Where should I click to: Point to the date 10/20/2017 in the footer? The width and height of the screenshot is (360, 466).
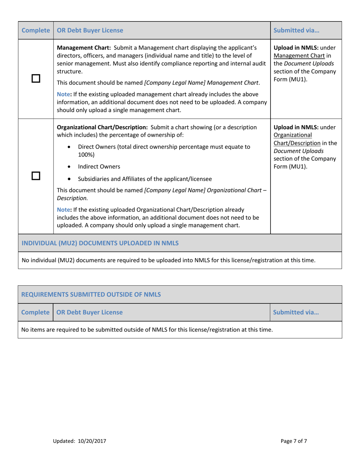[x=92, y=441]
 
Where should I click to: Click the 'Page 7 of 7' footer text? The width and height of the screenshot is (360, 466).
[x=294, y=441]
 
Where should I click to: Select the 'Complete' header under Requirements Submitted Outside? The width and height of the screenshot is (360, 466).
[x=36, y=313]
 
